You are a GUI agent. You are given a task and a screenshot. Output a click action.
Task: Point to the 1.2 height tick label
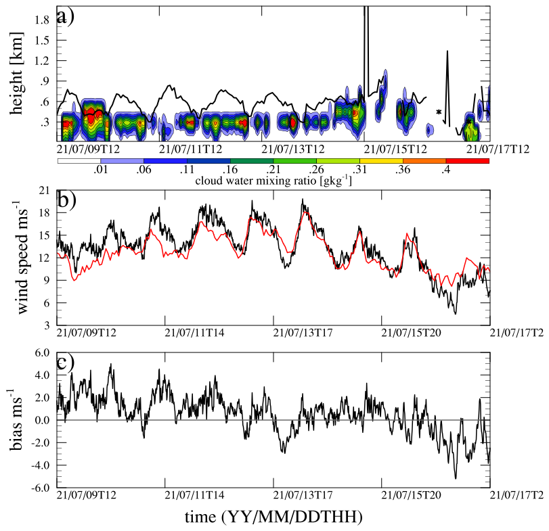click(x=44, y=60)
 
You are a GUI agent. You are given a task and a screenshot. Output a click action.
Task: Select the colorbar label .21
click(x=273, y=170)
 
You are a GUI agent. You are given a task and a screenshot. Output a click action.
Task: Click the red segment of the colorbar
click(x=467, y=160)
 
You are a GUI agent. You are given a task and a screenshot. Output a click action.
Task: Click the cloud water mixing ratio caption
click(x=273, y=181)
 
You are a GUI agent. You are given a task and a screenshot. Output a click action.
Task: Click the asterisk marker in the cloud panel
click(x=439, y=112)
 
